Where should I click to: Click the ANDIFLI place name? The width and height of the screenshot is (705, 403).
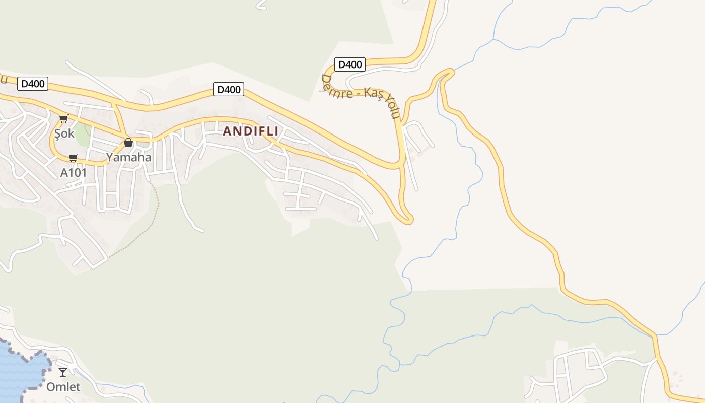pyautogui.click(x=250, y=131)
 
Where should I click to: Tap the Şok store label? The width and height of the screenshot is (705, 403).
pyautogui.click(x=64, y=134)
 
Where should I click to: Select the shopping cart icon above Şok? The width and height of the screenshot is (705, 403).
pyautogui.click(x=63, y=119)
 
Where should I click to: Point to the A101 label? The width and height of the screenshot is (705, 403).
pyautogui.click(x=74, y=173)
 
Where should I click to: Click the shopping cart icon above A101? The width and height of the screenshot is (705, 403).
pyautogui.click(x=74, y=158)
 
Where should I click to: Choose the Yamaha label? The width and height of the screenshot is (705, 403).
pyautogui.click(x=128, y=157)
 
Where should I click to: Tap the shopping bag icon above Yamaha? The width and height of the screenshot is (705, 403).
pyautogui.click(x=128, y=143)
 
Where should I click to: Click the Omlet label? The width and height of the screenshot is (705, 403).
pyautogui.click(x=63, y=387)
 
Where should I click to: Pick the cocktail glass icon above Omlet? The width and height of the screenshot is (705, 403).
pyautogui.click(x=63, y=372)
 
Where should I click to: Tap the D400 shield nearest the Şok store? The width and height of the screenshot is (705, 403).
pyautogui.click(x=33, y=84)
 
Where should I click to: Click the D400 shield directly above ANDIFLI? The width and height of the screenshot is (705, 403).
pyautogui.click(x=229, y=90)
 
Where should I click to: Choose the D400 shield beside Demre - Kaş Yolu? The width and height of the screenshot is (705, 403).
pyautogui.click(x=349, y=64)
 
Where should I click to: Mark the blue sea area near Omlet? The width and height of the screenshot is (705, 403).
pyautogui.click(x=18, y=373)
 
